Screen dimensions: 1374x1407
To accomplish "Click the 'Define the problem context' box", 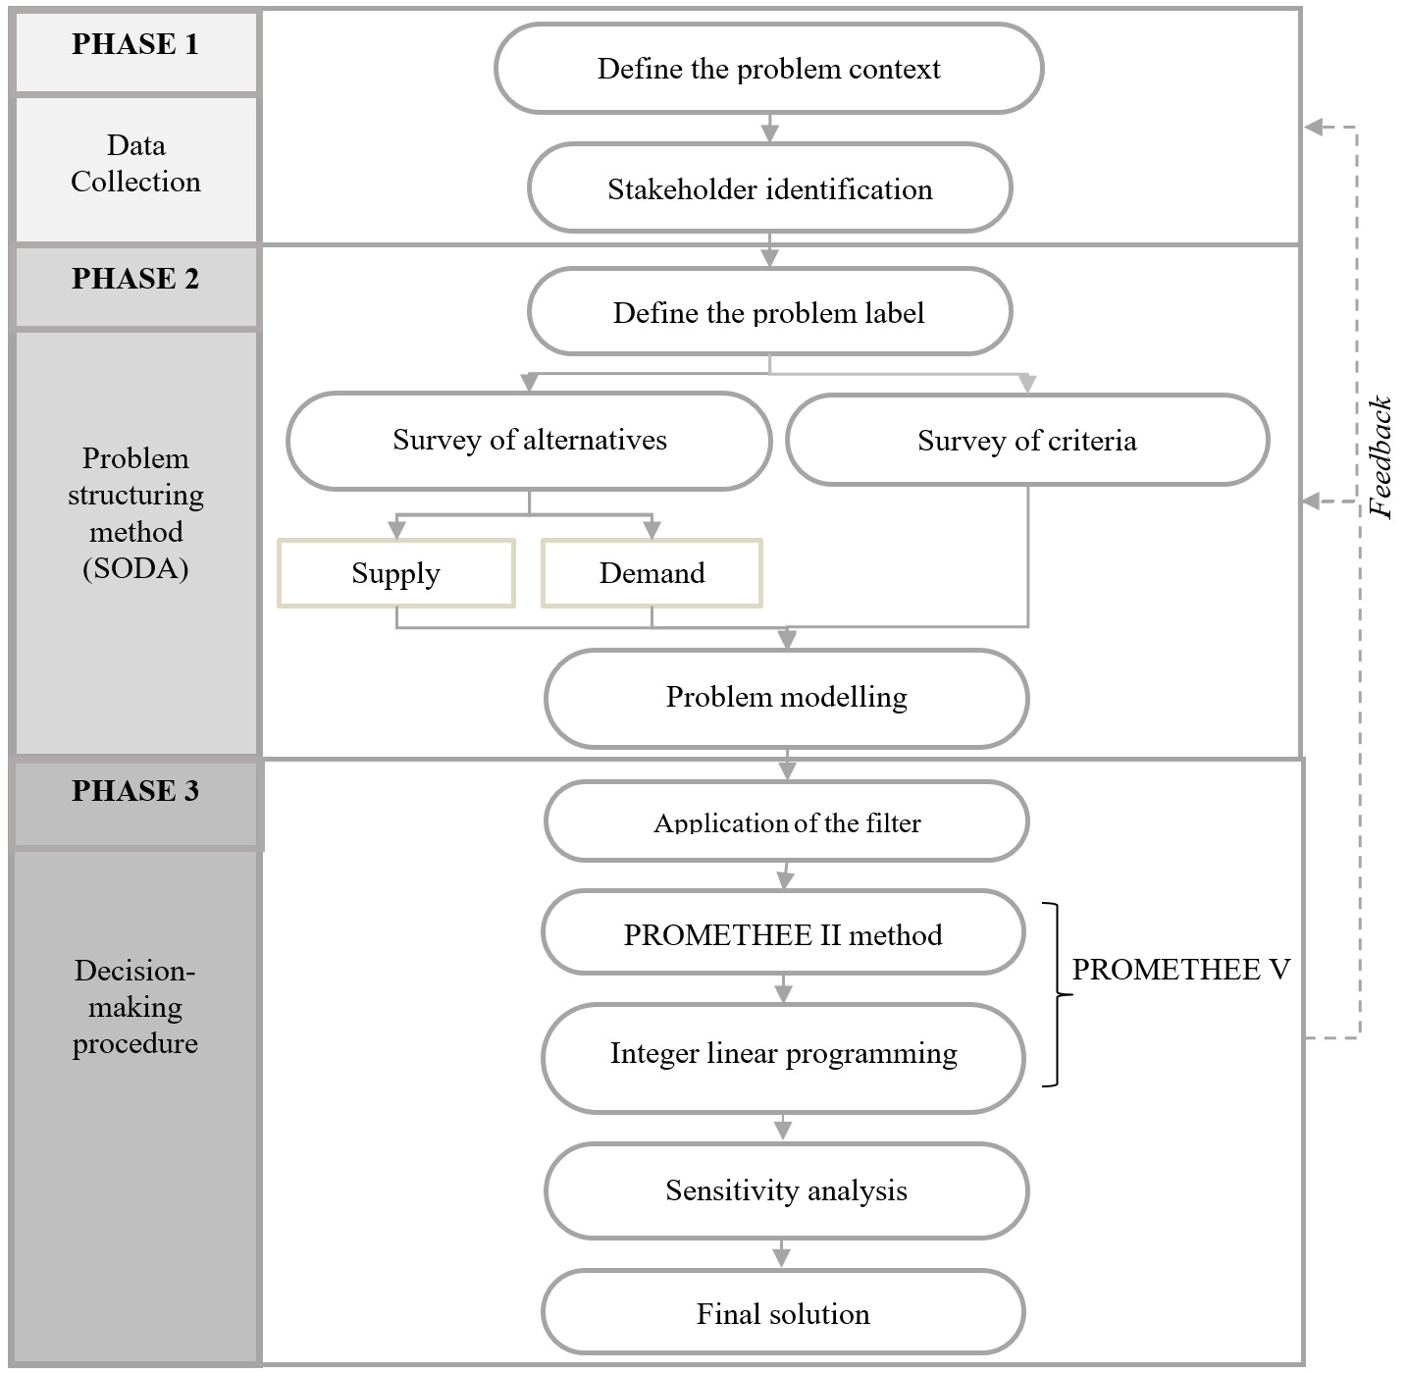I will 768,69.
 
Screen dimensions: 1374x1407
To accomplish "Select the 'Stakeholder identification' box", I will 769,188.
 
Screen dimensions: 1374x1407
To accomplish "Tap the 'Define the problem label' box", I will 769,312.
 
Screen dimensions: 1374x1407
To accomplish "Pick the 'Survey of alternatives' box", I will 529,441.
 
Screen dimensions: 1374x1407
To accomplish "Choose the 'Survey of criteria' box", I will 1027,441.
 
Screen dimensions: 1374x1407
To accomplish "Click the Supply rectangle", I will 396,573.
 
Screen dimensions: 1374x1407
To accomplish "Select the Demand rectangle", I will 651,573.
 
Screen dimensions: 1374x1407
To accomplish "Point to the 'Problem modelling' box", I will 786,697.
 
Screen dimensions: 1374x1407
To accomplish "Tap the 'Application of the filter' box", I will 786,821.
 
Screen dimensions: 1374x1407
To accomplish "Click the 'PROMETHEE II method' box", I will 783,934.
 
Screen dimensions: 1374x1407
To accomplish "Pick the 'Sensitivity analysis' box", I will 786,1190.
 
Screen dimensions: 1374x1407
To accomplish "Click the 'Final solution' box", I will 783,1313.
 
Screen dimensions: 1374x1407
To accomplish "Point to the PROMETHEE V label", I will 1180,970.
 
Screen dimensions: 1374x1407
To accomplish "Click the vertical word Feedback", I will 1381,457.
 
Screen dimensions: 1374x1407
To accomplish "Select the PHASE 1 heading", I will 135,45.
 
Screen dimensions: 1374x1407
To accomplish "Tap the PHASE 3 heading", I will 135,792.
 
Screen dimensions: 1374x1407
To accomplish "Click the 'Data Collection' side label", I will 135,164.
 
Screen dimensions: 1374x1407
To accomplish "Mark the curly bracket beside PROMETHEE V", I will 1056,994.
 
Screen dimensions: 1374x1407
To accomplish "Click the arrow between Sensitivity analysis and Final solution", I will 781,1254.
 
